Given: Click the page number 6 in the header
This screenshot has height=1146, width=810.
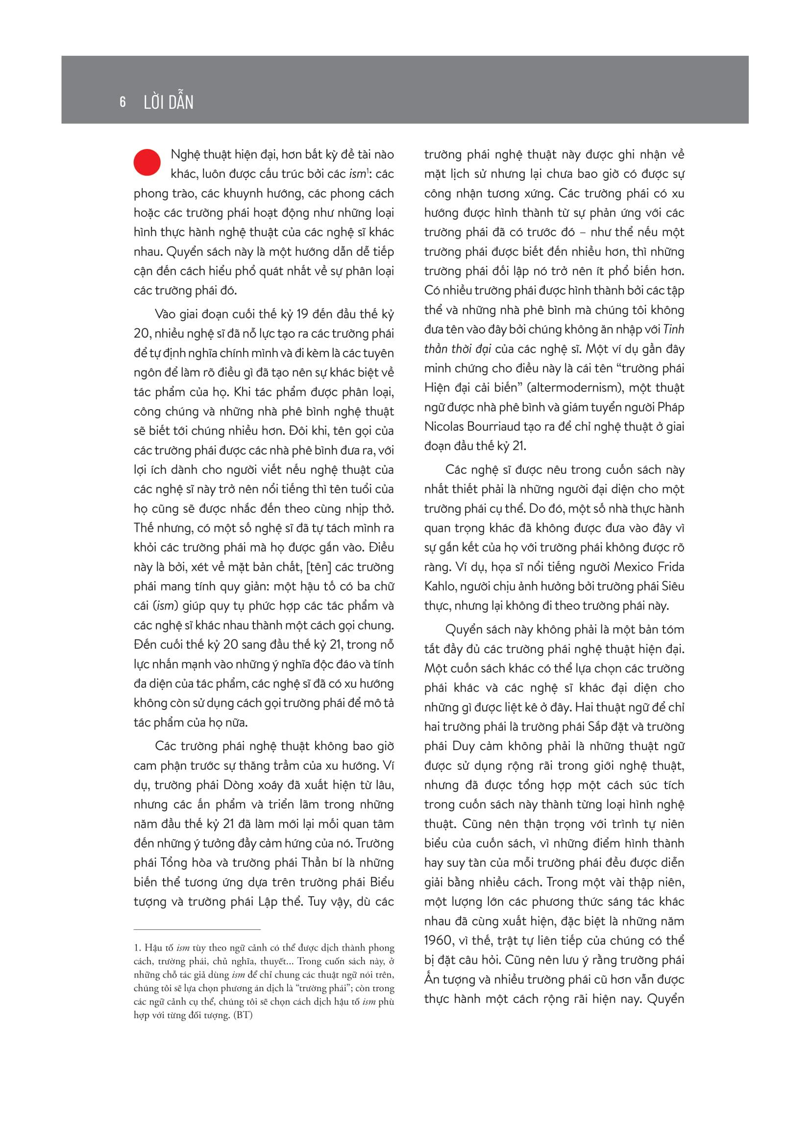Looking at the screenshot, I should (123, 102).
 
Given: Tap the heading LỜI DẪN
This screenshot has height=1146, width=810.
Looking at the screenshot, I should (168, 102).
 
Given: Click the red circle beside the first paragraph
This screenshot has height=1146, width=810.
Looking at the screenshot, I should (147, 162).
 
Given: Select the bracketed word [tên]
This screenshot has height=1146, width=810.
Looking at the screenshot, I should (319, 567).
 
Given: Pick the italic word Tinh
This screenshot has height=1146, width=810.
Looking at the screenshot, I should (673, 329).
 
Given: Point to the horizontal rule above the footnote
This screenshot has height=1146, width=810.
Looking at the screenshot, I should (197, 929).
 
